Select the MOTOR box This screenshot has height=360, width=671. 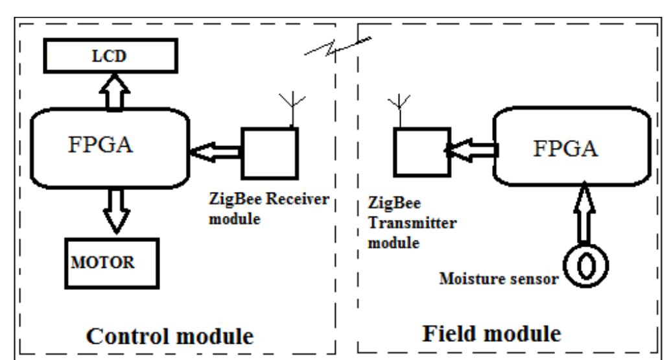[109, 264]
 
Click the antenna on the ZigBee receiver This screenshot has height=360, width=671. [287, 108]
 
